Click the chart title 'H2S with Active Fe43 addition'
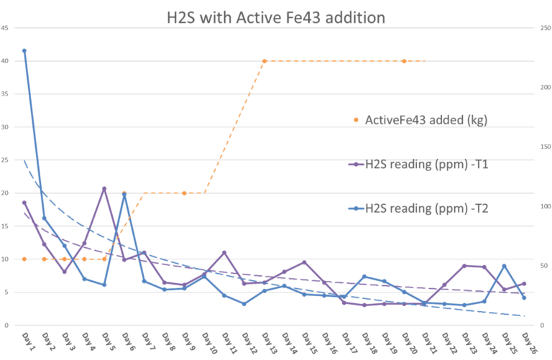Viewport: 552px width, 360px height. [277, 17]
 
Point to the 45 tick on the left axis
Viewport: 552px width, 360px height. [6, 28]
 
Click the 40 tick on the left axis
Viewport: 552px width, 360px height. [6, 61]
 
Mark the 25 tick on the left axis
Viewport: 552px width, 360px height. [6, 160]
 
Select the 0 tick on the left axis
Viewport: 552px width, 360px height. [6, 326]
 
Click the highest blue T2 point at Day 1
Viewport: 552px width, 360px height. [24, 50]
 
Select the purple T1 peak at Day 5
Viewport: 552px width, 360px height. [104, 188]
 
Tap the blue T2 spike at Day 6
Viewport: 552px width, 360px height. [124, 194]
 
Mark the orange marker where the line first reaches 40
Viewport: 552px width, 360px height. [264, 61]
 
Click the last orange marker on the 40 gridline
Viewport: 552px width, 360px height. [405, 61]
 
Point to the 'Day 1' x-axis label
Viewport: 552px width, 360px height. [24, 338]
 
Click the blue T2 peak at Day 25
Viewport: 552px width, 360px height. [505, 265]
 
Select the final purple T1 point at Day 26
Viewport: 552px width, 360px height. [525, 284]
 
